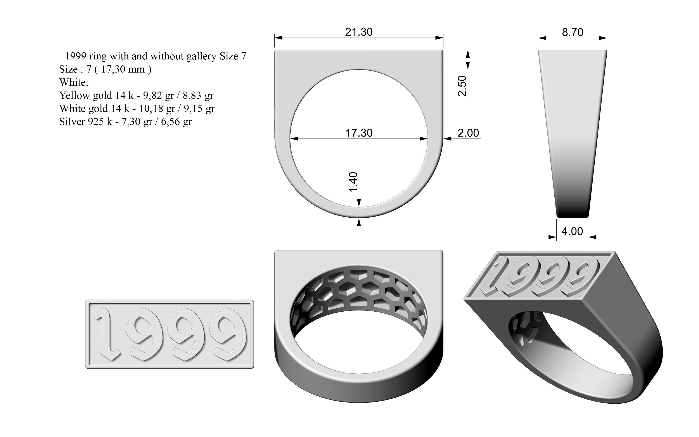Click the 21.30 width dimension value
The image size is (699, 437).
pyautogui.click(x=358, y=32)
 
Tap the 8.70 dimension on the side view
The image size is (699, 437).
pyautogui.click(x=572, y=32)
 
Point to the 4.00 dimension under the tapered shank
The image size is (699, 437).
pyautogui.click(x=572, y=231)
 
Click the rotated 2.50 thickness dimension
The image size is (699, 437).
pyautogui.click(x=462, y=86)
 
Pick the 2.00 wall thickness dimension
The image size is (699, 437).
pyautogui.click(x=468, y=133)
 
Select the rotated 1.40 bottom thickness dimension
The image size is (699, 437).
pyautogui.click(x=353, y=182)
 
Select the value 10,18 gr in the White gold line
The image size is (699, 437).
pyautogui.click(x=157, y=108)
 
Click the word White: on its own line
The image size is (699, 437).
pyautogui.click(x=74, y=82)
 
